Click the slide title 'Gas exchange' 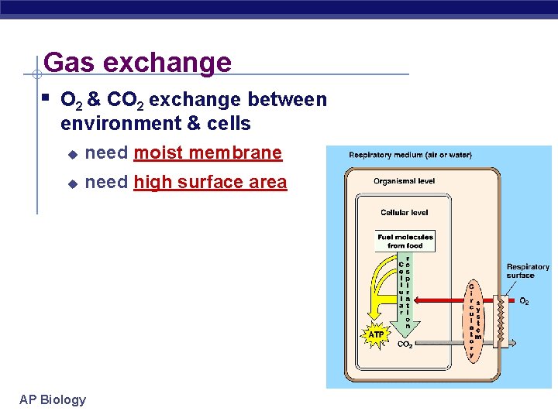pyautogui.click(x=137, y=62)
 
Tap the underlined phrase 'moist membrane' pyautogui.click(x=208, y=153)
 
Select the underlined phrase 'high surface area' pyautogui.click(x=210, y=183)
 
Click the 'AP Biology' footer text pyautogui.click(x=53, y=399)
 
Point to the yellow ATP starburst pyautogui.click(x=376, y=334)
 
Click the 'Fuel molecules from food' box pyautogui.click(x=405, y=241)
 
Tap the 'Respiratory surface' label pyautogui.click(x=527, y=271)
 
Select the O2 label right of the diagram pyautogui.click(x=524, y=301)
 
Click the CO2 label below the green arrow pyautogui.click(x=405, y=344)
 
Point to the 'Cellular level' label pyautogui.click(x=404, y=212)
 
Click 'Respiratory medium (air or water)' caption pyautogui.click(x=410, y=155)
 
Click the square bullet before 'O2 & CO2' pyautogui.click(x=47, y=98)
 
